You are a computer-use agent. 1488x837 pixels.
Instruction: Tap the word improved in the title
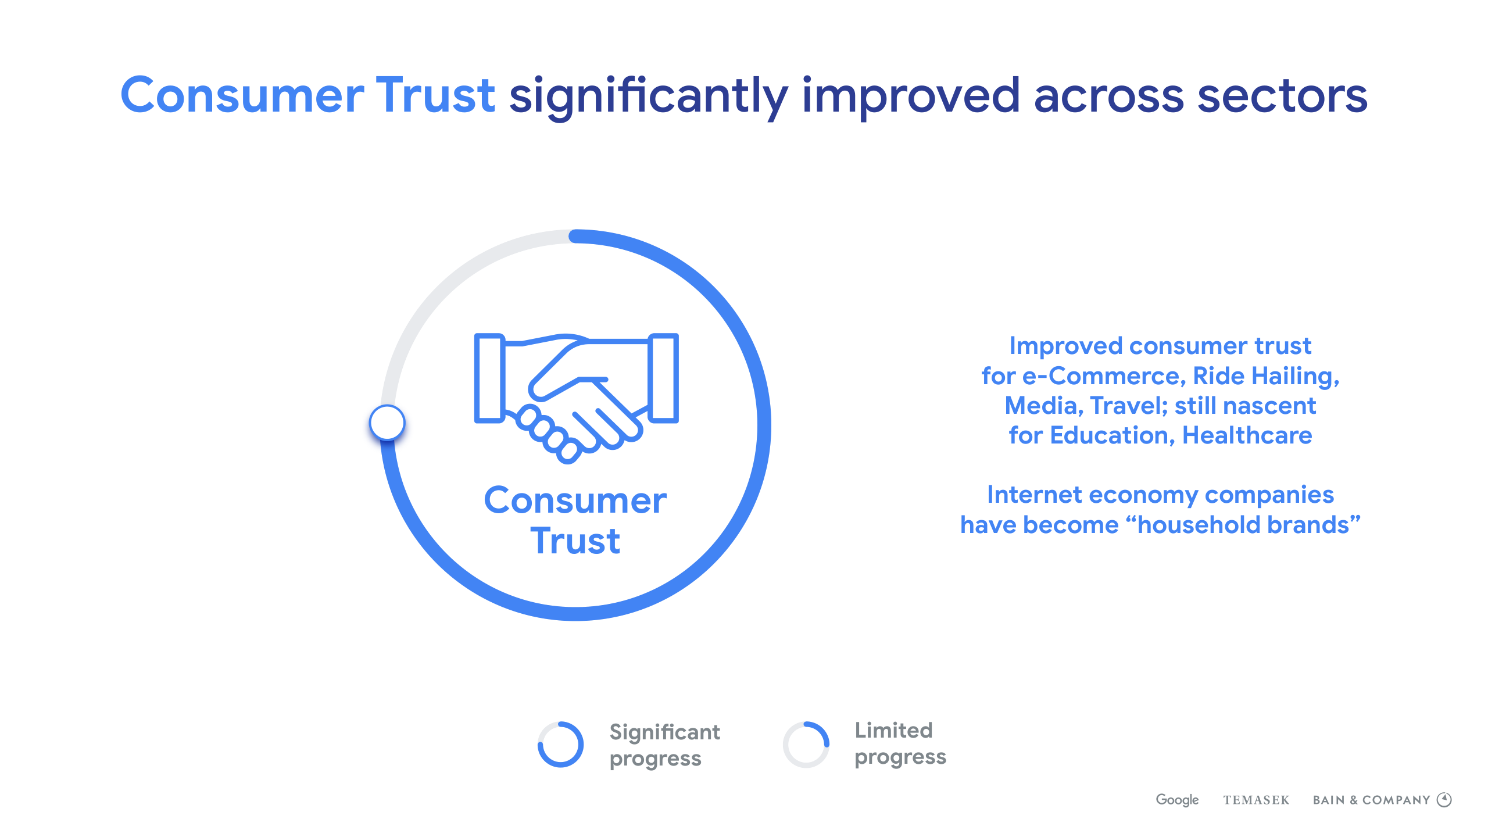coord(911,98)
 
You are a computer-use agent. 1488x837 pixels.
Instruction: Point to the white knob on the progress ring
coord(387,422)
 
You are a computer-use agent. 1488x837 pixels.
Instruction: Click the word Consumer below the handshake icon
coord(575,500)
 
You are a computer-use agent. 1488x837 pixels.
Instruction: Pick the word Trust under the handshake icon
coord(575,541)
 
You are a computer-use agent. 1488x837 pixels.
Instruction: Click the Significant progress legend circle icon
coord(560,745)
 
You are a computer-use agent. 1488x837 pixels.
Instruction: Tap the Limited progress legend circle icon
coord(806,745)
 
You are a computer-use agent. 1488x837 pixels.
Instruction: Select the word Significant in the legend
coord(664,733)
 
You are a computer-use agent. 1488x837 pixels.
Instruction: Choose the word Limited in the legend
coord(893,730)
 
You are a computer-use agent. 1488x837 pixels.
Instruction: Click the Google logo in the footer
coord(1177,800)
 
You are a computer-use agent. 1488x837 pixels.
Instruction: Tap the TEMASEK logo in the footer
coord(1256,800)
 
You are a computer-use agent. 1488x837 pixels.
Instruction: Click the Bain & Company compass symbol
coord(1444,800)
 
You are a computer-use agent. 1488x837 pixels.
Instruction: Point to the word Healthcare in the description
coord(1247,435)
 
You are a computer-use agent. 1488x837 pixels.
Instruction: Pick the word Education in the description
coord(1113,436)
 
